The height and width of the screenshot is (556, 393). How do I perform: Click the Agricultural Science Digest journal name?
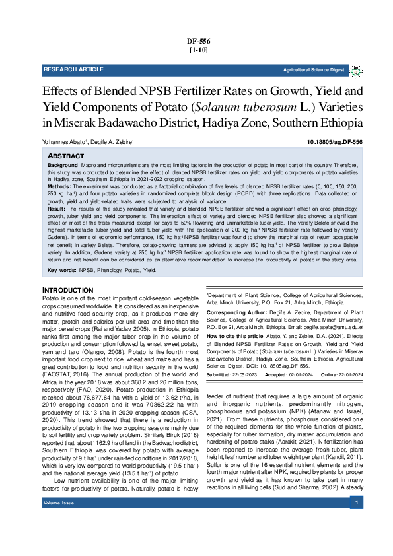tap(314, 69)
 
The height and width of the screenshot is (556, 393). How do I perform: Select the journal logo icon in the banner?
tap(355, 69)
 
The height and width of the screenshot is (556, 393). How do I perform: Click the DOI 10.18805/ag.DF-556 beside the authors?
tap(335, 142)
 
